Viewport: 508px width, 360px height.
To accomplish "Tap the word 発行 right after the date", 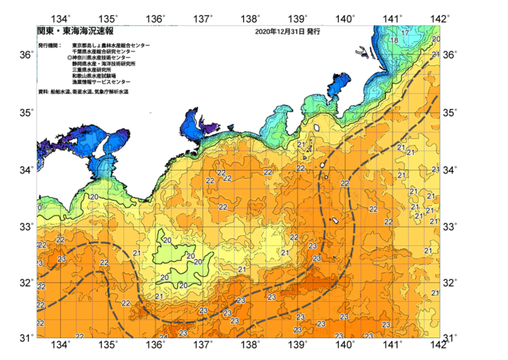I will tap(314, 32).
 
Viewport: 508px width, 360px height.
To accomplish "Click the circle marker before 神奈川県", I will tap(70, 57).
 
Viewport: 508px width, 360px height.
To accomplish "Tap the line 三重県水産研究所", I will tap(94, 70).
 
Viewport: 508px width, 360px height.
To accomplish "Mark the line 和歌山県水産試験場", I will tap(96, 75).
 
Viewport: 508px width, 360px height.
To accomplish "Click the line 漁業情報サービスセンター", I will tap(101, 82).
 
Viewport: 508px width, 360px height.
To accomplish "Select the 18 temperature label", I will tap(395, 41).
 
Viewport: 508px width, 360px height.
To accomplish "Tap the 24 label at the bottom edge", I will tap(163, 337).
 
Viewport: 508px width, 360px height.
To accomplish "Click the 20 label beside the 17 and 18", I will tap(435, 39).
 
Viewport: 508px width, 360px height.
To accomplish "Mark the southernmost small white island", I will tap(336, 222).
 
